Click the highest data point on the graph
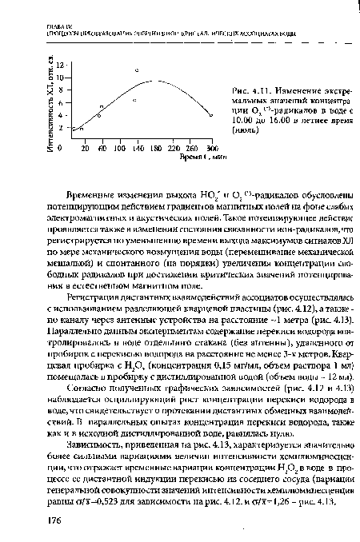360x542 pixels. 137,71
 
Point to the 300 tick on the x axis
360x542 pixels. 212,149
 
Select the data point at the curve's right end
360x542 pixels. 212,116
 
